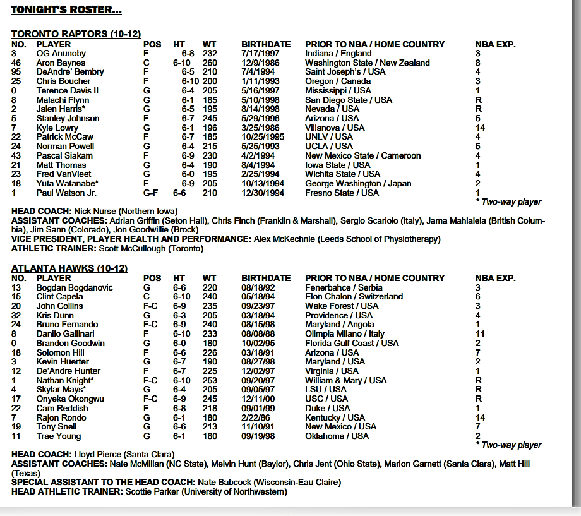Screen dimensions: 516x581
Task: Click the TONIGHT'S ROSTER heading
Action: [x=66, y=10]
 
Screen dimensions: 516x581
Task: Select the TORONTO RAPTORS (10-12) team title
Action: [x=76, y=34]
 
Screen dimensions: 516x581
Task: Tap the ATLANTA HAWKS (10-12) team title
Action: [x=69, y=268]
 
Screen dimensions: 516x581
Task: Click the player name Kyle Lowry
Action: [x=57, y=128]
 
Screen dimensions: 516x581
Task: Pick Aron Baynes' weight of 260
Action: [x=209, y=63]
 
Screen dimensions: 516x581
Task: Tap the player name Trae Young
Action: [x=59, y=436]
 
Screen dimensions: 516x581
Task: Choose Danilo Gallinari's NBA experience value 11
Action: [x=480, y=333]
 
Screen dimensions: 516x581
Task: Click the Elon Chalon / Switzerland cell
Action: [x=354, y=296]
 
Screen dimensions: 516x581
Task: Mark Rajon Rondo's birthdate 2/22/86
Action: [x=257, y=417]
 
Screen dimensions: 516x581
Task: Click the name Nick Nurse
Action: [x=93, y=211]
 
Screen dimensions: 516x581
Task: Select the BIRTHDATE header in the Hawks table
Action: [x=266, y=278]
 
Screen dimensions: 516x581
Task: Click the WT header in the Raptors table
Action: [x=209, y=44]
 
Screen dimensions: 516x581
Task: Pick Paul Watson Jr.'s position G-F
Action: [x=151, y=193]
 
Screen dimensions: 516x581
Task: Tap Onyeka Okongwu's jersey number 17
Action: [x=17, y=399]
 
